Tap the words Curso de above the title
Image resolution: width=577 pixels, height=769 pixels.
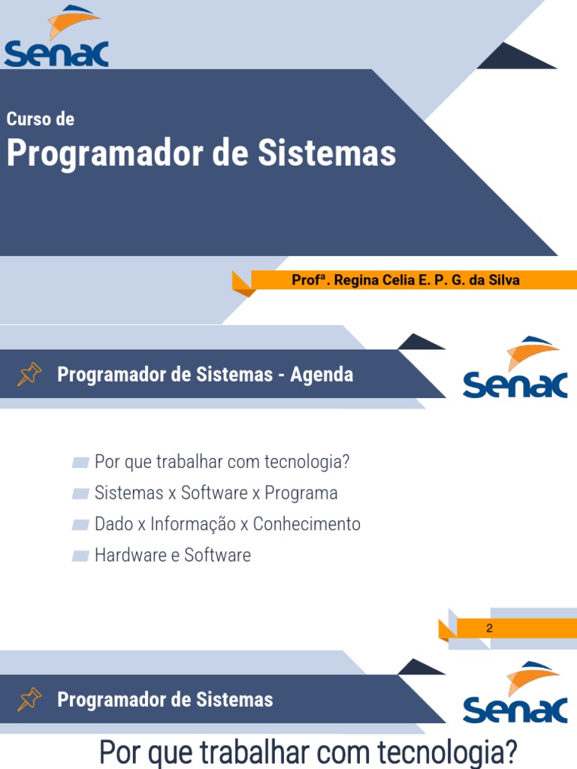click(40, 119)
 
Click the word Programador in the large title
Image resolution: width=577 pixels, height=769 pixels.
click(104, 154)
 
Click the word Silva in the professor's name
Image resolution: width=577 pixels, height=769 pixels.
click(503, 280)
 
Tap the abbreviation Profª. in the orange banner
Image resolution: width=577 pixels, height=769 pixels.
click(310, 280)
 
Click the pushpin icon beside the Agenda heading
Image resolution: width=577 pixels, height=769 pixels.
click(29, 374)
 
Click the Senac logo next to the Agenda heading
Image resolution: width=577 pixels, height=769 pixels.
click(515, 367)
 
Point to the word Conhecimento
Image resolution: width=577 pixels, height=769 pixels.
click(307, 523)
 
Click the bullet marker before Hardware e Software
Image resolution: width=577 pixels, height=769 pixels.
click(80, 556)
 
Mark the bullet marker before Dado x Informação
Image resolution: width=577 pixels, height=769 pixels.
click(80, 524)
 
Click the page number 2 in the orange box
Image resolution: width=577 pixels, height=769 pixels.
click(489, 629)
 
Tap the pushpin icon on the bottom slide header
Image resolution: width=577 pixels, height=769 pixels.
click(29, 700)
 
